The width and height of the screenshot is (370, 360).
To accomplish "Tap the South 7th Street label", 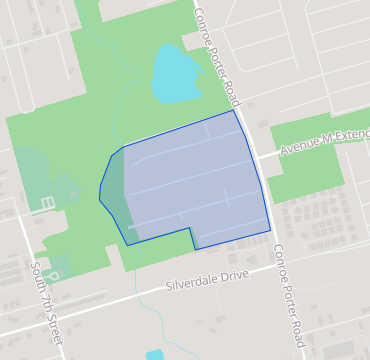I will tap(47, 306).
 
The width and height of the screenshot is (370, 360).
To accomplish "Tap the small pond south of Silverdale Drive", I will tap(154, 354).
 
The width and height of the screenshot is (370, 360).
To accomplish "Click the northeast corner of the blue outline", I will tap(234, 110).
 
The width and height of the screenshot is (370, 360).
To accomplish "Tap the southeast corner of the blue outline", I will tap(270, 231).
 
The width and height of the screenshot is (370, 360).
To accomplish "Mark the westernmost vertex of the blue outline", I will tap(100, 199).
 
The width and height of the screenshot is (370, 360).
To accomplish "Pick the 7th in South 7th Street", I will tap(47, 309).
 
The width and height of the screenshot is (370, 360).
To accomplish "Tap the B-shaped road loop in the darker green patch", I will tap(47, 205).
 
